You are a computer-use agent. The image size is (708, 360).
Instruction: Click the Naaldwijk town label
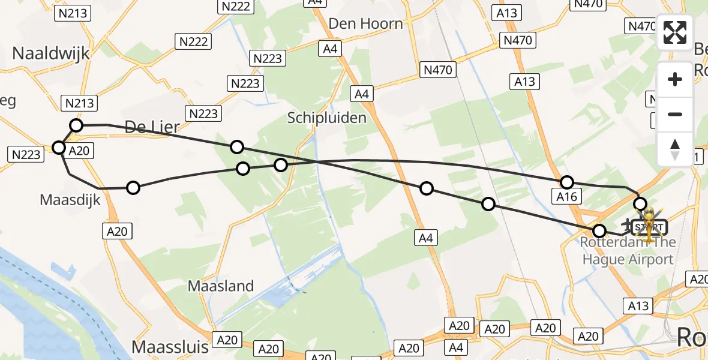coord(51,53)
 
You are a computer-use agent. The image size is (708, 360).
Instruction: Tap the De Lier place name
coord(148,126)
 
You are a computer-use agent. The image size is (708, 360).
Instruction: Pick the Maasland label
coord(221,286)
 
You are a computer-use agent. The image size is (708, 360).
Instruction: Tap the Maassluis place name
coord(170,346)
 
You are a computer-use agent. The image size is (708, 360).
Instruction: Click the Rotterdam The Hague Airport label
coord(628,251)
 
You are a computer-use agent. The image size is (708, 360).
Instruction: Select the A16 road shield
coord(566,196)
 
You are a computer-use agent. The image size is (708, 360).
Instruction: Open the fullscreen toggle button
coord(675,32)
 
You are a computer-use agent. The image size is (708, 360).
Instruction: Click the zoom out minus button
coord(675,114)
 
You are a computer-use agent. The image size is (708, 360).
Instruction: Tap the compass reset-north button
coord(675,148)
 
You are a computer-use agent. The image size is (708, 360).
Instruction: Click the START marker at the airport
coord(649,227)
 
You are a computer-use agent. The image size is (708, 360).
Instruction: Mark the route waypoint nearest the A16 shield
coord(567,182)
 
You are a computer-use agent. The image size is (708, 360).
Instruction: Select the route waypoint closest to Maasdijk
coord(133,188)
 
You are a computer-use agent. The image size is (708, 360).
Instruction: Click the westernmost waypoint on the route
coord(59,148)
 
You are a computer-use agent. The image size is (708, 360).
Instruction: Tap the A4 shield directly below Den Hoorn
coord(330,49)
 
